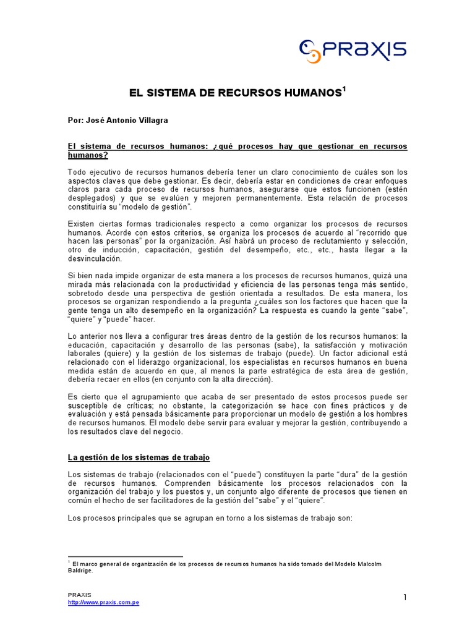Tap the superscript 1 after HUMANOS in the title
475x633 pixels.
pyautogui.click(x=344, y=90)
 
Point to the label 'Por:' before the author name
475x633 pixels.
pyautogui.click(x=75, y=119)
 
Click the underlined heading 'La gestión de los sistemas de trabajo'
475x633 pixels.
pyautogui.click(x=139, y=457)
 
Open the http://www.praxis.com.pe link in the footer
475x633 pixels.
pyautogui.click(x=103, y=603)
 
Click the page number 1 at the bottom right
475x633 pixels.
pyautogui.click(x=404, y=597)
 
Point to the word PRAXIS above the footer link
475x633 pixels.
pyautogui.click(x=79, y=595)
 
